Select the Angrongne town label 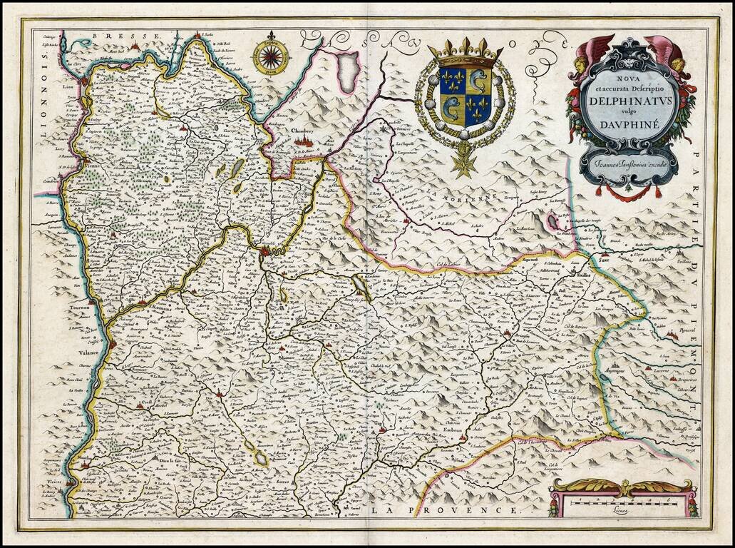click(x=617, y=372)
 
